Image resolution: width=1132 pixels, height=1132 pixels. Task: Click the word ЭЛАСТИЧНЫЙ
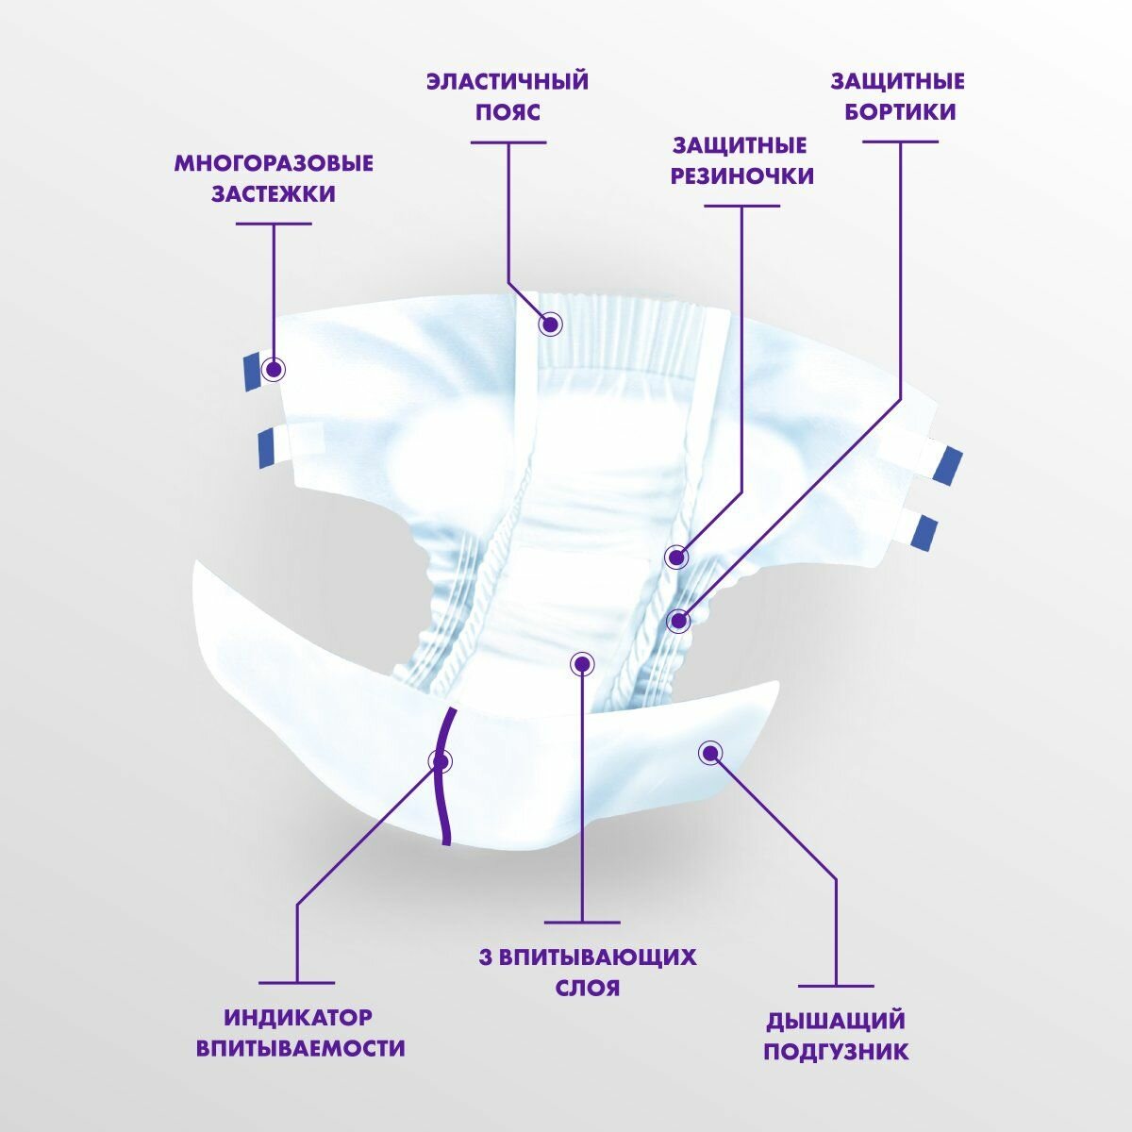coord(508,80)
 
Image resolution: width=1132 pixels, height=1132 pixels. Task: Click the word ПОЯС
coord(508,111)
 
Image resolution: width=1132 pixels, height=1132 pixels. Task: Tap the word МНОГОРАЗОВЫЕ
coord(274,163)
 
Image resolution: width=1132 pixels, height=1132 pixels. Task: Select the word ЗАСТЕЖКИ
coord(274,194)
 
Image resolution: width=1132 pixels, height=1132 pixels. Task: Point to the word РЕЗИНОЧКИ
coord(741,176)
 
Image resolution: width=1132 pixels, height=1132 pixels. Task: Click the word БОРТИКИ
coord(899,111)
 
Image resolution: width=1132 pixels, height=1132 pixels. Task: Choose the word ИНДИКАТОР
coord(298,1018)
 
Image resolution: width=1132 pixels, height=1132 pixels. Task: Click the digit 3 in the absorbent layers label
coord(485,957)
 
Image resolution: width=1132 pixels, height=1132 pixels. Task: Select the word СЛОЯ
coord(586,988)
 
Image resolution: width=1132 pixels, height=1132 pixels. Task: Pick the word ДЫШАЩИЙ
coord(836,1021)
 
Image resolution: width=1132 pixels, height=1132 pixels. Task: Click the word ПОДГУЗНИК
coord(836,1051)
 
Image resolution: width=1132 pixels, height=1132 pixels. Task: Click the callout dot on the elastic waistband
coord(551,325)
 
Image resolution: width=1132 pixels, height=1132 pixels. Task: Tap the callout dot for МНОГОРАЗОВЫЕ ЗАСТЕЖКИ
coord(274,369)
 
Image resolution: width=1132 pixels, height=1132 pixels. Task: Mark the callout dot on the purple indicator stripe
coord(440,760)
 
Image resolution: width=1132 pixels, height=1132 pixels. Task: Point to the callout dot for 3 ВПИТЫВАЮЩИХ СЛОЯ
coord(582,663)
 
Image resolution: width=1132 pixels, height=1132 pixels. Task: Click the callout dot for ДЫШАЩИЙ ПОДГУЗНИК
coord(709,752)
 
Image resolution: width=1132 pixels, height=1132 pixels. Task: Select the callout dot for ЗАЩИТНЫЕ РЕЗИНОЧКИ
coord(676,557)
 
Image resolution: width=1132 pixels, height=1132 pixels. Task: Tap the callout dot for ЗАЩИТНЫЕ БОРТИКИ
coord(678,621)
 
